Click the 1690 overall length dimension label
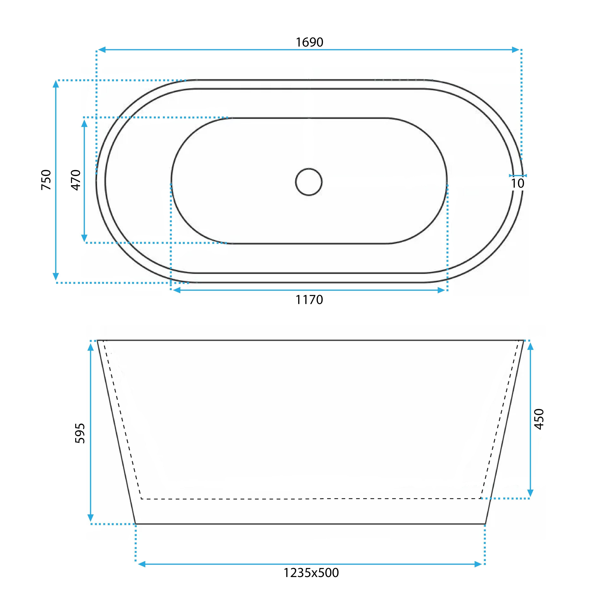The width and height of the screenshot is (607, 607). [310, 42]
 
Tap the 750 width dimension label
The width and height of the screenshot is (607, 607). [46, 180]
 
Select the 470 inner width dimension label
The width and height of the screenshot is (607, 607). [76, 180]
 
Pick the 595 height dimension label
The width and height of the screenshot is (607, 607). [80, 433]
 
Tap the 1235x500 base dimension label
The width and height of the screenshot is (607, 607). [311, 573]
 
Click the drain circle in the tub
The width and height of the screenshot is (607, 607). [309, 182]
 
